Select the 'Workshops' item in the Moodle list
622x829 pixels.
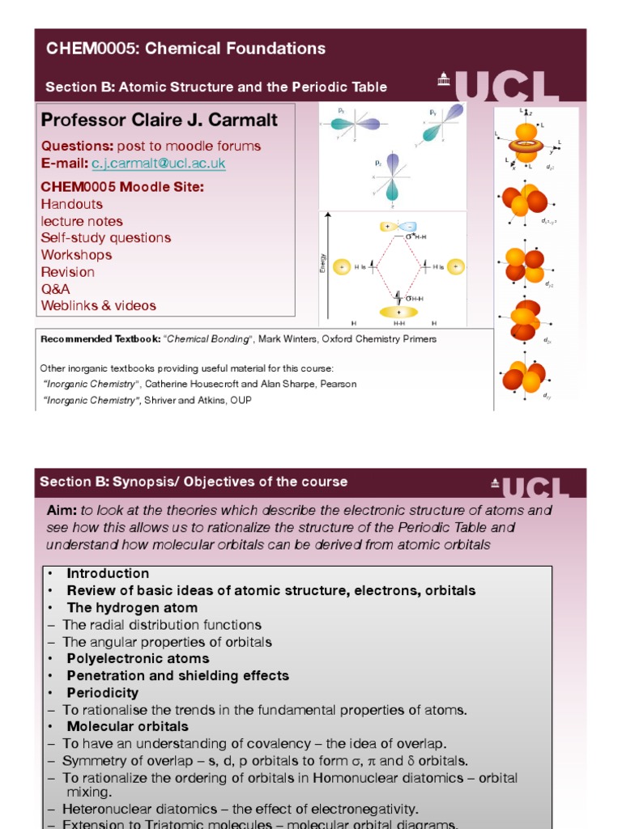point(76,255)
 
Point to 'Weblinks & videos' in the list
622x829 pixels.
point(98,306)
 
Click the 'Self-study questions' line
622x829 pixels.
point(105,238)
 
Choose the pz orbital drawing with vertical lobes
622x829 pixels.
point(393,177)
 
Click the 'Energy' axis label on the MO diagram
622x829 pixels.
point(323,262)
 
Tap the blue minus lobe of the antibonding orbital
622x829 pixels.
point(411,227)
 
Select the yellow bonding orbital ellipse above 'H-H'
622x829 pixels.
point(399,312)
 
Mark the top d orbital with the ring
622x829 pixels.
point(526,142)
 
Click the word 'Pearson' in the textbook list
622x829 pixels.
point(338,384)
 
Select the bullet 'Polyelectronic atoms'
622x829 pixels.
point(138,659)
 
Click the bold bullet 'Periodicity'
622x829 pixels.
point(102,693)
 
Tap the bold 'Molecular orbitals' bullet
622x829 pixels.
point(127,727)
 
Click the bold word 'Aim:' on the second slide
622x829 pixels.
point(62,511)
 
